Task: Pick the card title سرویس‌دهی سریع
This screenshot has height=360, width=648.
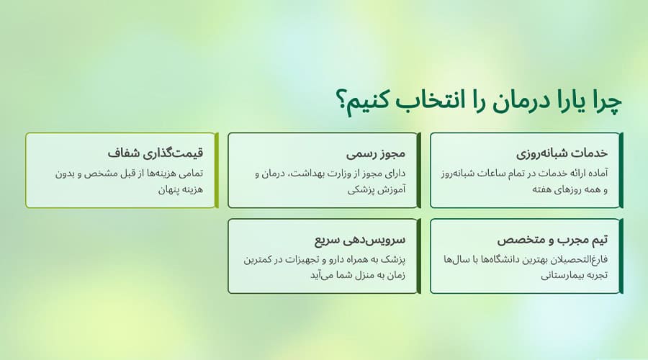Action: pyautogui.click(x=361, y=240)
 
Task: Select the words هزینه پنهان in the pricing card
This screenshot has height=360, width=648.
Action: pyautogui.click(x=176, y=191)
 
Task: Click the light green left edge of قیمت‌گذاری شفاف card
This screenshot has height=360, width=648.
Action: pyautogui.click(x=27, y=170)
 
